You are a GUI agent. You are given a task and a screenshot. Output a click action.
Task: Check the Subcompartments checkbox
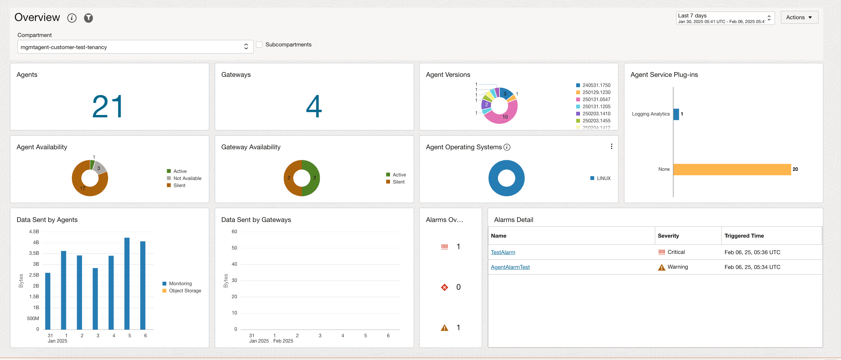coord(259,45)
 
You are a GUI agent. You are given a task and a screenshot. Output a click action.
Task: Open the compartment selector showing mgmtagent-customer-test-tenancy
coord(135,47)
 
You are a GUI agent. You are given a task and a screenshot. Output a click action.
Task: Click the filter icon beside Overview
coord(88,18)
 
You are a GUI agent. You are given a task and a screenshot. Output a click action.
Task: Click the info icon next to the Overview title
coord(72,18)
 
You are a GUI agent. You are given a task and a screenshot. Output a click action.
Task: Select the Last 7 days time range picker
coord(725,18)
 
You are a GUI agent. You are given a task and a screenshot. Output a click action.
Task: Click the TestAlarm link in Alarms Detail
coord(503,252)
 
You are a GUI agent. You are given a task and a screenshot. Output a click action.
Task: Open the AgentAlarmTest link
coord(510,267)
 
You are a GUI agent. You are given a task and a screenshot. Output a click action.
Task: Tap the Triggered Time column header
coord(744,236)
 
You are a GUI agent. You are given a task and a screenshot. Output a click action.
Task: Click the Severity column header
coord(668,236)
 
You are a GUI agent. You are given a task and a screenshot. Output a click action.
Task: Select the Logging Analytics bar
coord(676,114)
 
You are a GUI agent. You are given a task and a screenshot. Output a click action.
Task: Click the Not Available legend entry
coord(187,178)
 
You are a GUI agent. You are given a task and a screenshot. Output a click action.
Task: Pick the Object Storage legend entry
coord(185,291)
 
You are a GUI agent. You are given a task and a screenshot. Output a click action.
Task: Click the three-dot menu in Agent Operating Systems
coord(611,147)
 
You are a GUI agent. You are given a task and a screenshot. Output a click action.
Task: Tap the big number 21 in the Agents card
coord(107,106)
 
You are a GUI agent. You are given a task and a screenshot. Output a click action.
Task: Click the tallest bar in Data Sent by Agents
coord(127,283)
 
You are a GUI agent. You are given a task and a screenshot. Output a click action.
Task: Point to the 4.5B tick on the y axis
coord(34,231)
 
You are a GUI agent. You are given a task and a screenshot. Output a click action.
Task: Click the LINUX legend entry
coord(603,178)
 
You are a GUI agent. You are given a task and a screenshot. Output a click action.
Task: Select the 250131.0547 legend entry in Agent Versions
coord(596,99)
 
